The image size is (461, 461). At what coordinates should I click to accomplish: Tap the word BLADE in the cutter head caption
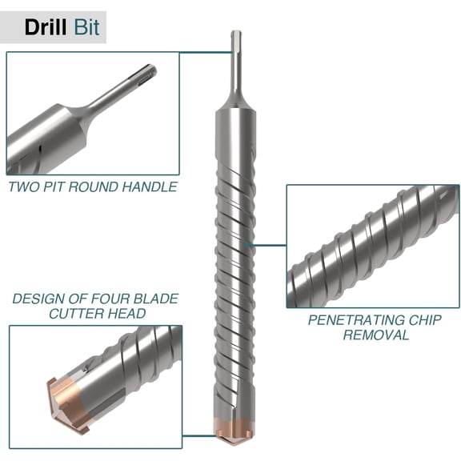click(x=154, y=299)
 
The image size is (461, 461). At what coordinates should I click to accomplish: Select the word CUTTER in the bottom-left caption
click(x=77, y=313)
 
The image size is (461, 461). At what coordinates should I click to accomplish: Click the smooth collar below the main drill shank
click(x=235, y=144)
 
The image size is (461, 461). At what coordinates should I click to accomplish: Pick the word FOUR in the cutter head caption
click(x=110, y=299)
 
